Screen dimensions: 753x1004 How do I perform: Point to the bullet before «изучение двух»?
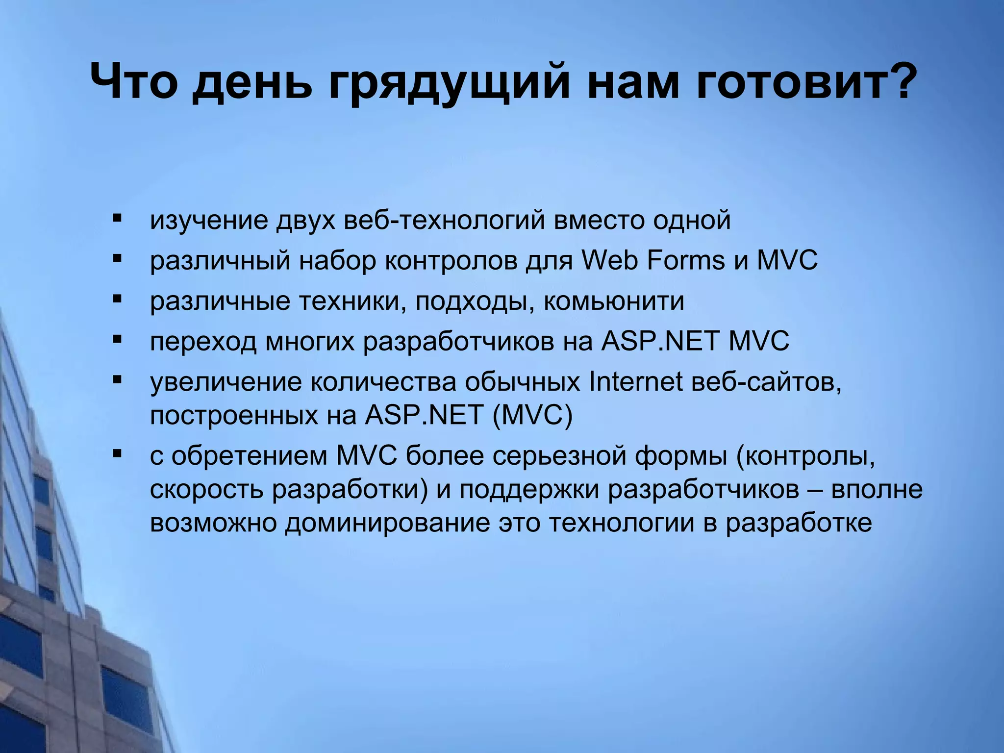point(117,217)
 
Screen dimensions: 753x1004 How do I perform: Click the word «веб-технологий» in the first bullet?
point(444,220)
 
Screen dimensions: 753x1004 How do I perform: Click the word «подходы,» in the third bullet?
point(475,301)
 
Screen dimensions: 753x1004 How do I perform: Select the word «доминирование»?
point(388,523)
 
